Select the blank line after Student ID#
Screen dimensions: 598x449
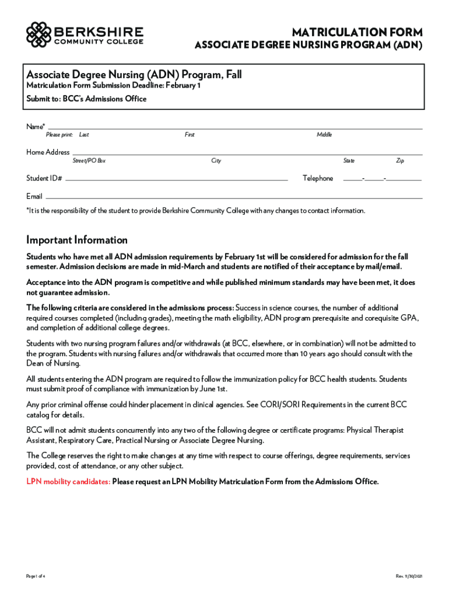click(177, 179)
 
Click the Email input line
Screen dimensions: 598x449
click(233, 197)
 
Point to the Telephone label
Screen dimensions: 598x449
click(318, 179)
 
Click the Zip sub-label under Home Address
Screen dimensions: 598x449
click(400, 161)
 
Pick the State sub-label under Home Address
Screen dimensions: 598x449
click(349, 161)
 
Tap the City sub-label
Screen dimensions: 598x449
click(216, 161)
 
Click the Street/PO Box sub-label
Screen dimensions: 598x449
click(89, 161)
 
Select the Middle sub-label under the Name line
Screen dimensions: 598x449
click(324, 135)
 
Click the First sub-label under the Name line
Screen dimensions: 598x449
click(190, 135)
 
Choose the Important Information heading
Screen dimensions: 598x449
click(77, 240)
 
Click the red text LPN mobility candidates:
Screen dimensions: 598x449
click(68, 482)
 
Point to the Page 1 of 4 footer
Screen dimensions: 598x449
click(36, 576)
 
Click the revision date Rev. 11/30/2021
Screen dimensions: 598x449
click(409, 576)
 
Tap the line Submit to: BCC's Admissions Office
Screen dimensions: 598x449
click(86, 99)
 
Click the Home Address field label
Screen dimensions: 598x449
click(48, 152)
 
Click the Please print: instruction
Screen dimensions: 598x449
click(59, 135)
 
